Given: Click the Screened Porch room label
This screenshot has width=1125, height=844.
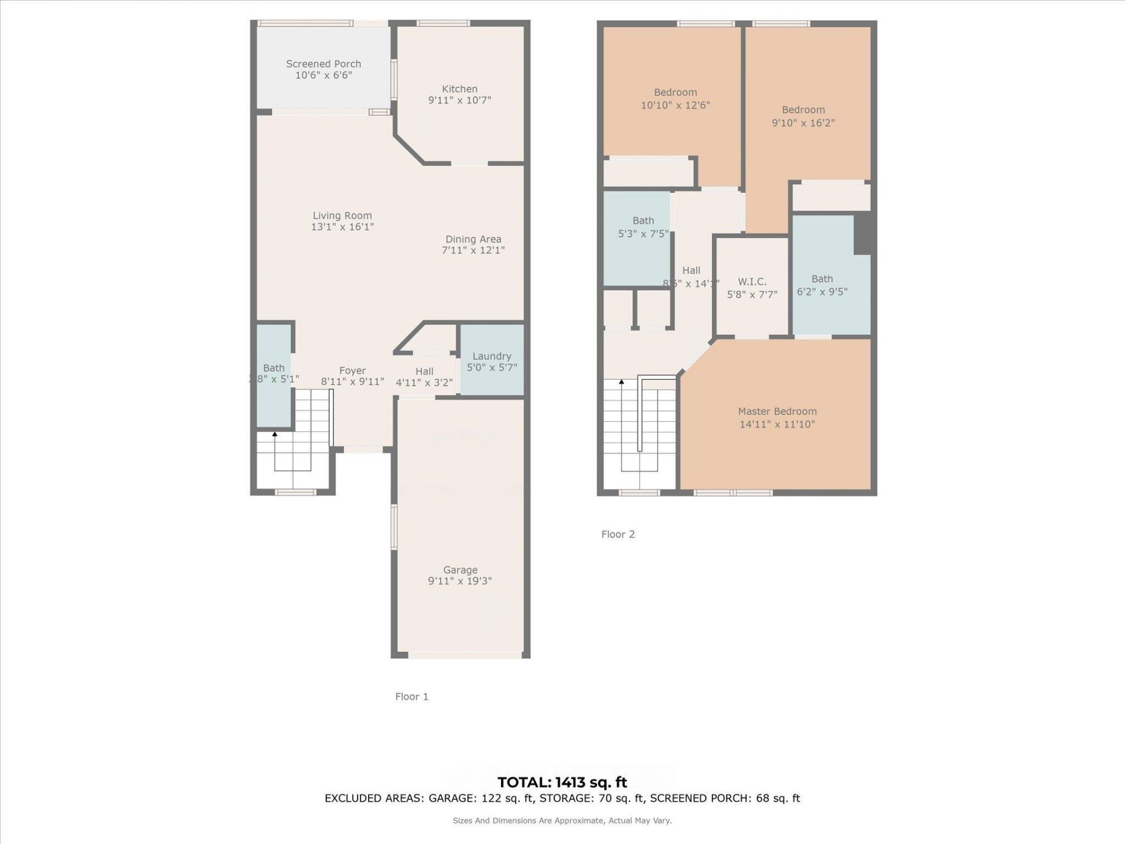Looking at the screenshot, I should pos(323,64).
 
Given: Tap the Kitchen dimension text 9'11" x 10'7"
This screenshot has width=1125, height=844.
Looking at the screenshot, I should pos(459,100).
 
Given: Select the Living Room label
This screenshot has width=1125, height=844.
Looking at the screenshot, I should pos(342,216).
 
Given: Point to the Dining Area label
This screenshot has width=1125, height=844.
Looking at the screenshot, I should pos(473,239).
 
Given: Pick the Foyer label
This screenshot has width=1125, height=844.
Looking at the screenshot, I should pos(352,370).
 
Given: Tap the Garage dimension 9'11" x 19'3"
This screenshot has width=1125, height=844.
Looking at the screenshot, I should pos(459,581).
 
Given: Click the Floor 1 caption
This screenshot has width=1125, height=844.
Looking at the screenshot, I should pos(411,696).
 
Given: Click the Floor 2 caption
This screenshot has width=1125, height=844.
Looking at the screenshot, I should pos(618,534).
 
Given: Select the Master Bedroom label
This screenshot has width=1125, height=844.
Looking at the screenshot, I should pos(777,411).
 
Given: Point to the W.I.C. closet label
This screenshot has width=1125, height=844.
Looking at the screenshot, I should pos(752,282).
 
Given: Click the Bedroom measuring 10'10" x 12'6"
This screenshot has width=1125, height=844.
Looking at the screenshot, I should pos(675,98).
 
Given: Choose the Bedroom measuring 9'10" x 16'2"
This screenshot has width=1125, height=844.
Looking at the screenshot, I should pos(803,116).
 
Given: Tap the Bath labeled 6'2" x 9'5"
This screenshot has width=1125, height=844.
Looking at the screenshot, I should pos(821,285).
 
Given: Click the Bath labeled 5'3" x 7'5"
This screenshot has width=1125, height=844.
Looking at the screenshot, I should pos(643,227).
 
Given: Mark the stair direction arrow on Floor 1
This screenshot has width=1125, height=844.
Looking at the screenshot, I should pos(275,434).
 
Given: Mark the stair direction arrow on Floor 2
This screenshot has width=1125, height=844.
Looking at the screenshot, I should pos(622,382).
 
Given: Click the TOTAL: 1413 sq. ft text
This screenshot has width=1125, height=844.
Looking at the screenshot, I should pos(562,782).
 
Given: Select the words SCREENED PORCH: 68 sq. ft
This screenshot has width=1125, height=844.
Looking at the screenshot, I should pos(725,798).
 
